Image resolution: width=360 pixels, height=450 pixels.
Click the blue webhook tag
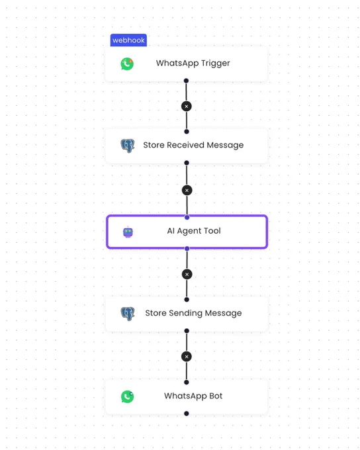click(x=128, y=40)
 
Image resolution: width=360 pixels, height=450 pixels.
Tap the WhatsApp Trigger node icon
click(x=127, y=64)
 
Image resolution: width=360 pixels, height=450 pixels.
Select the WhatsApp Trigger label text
click(x=193, y=63)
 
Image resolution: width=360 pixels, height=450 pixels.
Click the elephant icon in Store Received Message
click(x=128, y=146)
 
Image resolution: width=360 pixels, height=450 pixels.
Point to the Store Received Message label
click(x=193, y=145)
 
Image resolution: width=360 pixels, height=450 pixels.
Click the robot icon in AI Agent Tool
click(x=128, y=232)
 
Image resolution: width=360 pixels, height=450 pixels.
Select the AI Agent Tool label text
click(x=194, y=231)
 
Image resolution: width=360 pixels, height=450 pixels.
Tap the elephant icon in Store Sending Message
click(x=128, y=314)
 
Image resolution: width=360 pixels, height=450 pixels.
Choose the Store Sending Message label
click(x=193, y=313)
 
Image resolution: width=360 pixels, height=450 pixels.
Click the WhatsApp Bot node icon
click(x=127, y=396)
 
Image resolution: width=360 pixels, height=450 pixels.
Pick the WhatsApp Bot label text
click(x=193, y=396)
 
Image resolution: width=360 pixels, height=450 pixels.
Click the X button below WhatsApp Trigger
click(x=187, y=107)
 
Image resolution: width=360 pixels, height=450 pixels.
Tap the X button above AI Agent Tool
click(x=187, y=191)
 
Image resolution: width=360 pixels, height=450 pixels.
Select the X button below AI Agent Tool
click(x=187, y=275)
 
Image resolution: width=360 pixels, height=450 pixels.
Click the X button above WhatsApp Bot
click(x=187, y=357)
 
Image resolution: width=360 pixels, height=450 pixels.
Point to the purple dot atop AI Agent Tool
click(x=187, y=218)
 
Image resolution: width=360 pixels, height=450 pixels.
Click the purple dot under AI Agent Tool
click(x=187, y=249)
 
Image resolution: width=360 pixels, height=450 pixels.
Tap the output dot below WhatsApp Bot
click(x=187, y=414)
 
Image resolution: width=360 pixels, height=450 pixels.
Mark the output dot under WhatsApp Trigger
click(x=186, y=81)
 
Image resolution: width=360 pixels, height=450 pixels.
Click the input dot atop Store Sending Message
click(x=187, y=300)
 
